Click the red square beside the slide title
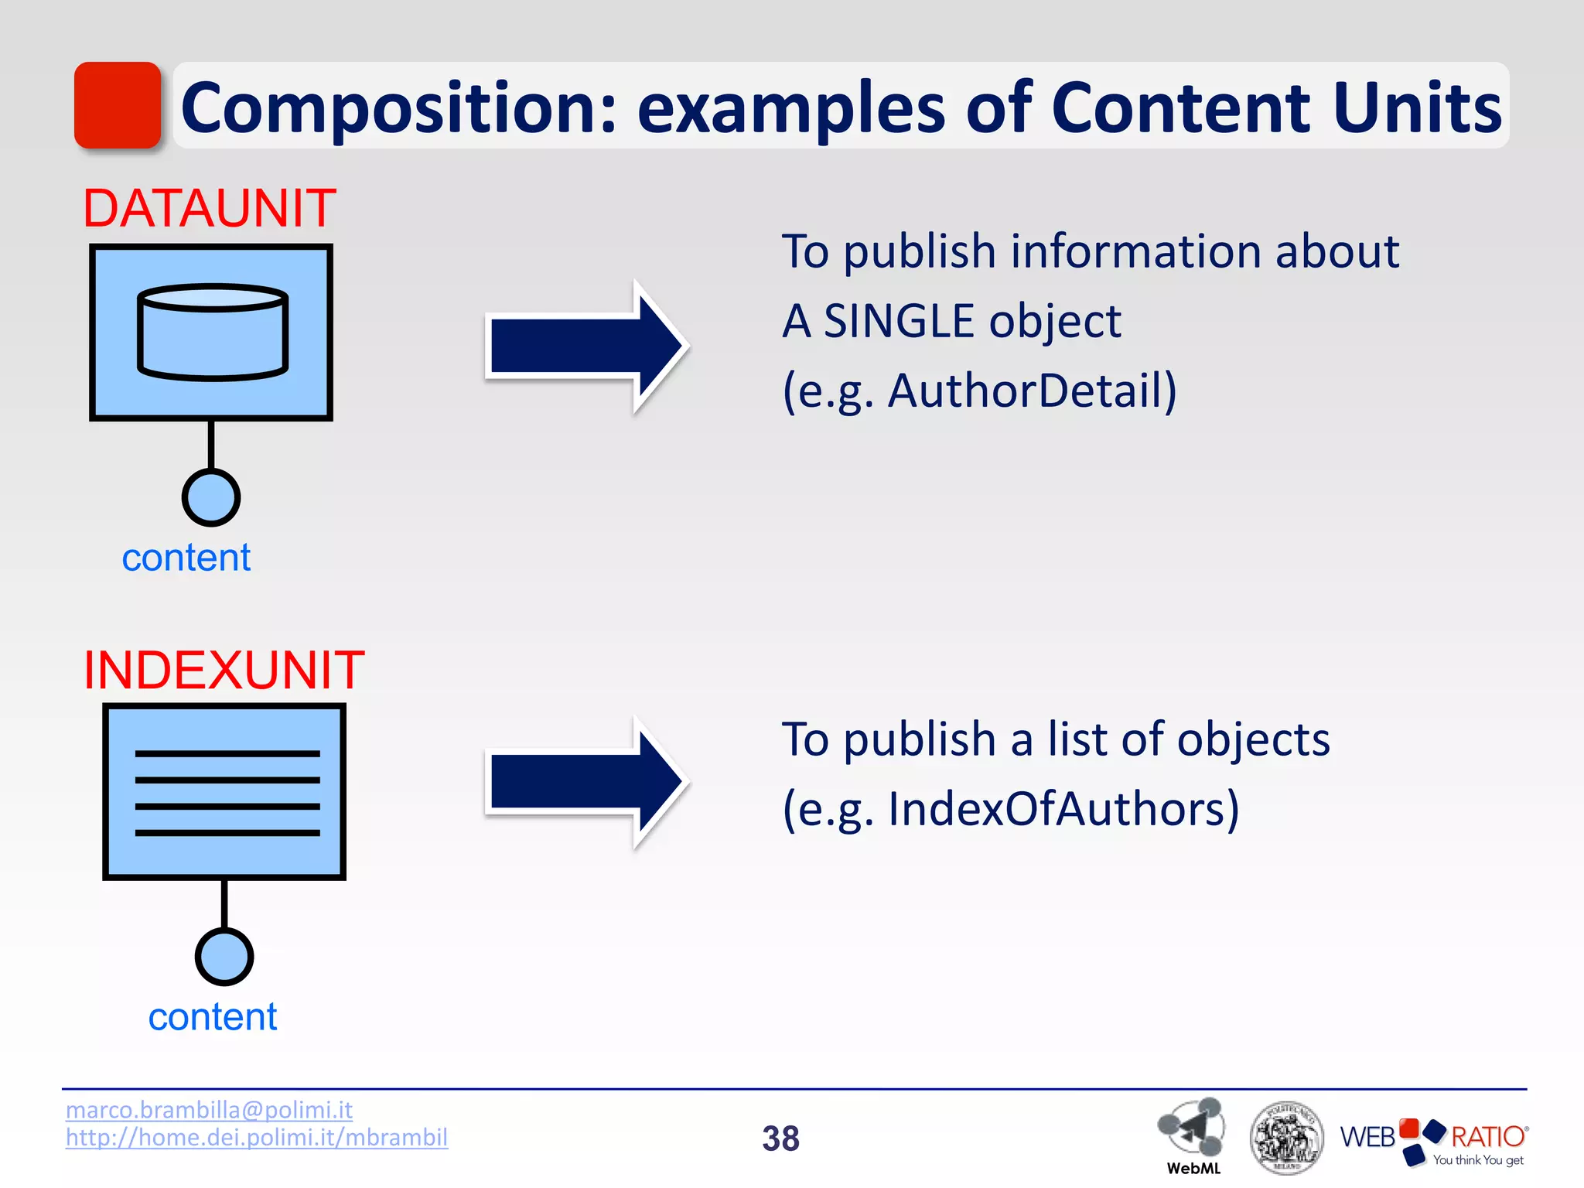click(118, 105)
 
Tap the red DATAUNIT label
click(209, 209)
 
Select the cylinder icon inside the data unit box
click(213, 333)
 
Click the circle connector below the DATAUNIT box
click(211, 497)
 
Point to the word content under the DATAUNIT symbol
click(186, 558)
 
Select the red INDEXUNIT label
click(224, 670)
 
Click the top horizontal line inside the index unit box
click(227, 753)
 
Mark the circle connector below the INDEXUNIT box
click(224, 957)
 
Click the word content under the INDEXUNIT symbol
click(213, 1017)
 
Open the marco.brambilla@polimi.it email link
click(209, 1110)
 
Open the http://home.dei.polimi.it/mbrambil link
click(257, 1137)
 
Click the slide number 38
click(780, 1138)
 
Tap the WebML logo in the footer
click(1192, 1133)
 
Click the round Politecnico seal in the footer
click(1286, 1137)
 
